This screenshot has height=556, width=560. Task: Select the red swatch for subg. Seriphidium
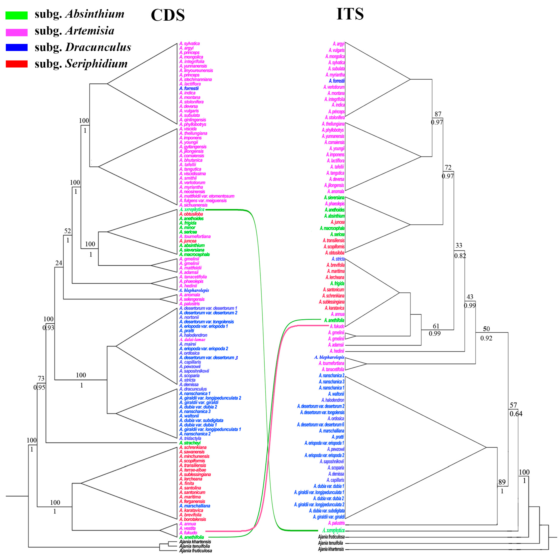[17, 64]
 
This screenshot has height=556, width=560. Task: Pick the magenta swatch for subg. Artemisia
[17, 32]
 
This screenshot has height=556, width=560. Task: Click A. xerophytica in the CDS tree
[192, 209]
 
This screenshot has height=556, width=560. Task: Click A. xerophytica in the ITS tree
[333, 531]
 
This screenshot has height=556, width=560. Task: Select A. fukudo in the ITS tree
[337, 326]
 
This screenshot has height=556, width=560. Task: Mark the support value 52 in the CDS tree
[67, 231]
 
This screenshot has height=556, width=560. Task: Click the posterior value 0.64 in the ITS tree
[516, 414]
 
